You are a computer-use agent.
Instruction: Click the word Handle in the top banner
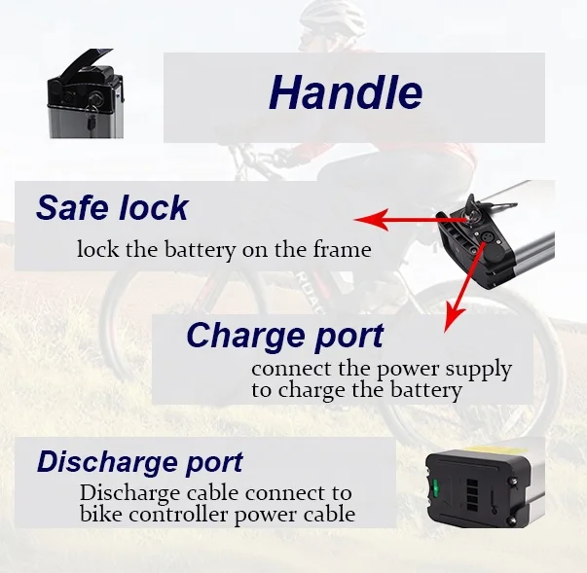[346, 93]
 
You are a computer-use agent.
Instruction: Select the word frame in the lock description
[343, 250]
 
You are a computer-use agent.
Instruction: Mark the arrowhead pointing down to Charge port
[448, 324]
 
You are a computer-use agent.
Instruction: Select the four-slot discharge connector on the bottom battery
[465, 483]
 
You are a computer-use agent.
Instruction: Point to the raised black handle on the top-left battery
[82, 65]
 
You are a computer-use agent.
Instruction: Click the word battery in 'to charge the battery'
[425, 391]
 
